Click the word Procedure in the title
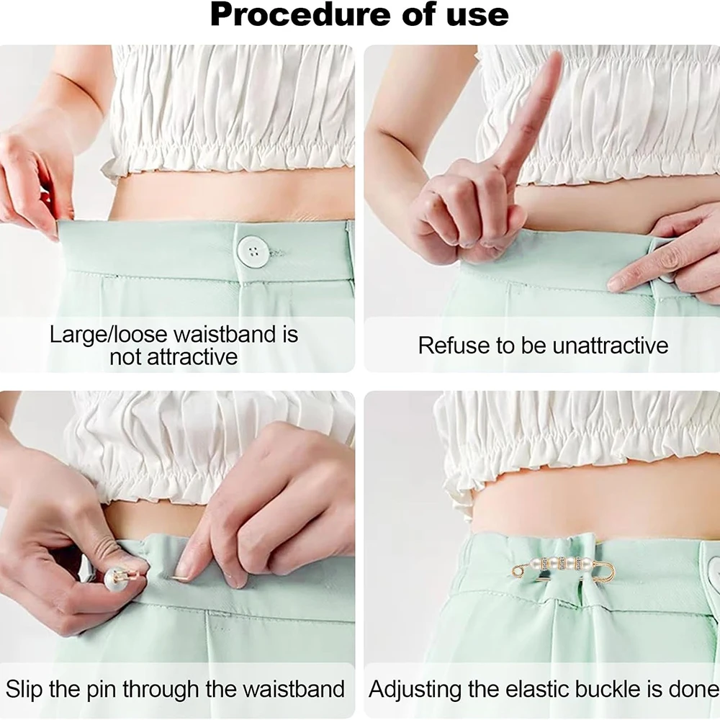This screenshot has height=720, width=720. click(x=301, y=15)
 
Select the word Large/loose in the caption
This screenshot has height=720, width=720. click(x=109, y=334)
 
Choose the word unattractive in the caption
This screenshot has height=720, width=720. click(x=611, y=346)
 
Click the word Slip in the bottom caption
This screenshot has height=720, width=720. click(x=24, y=689)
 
